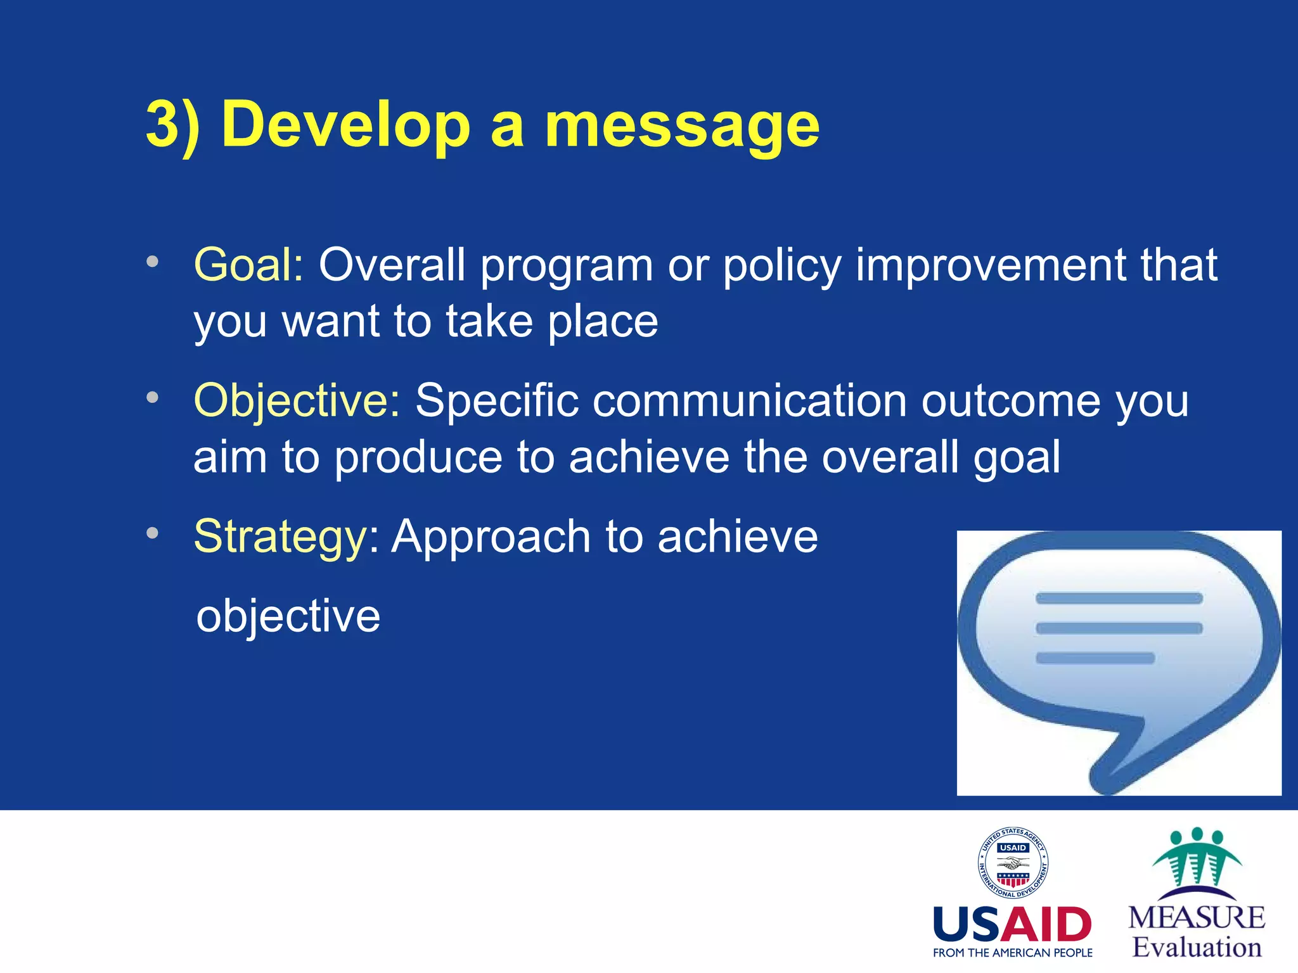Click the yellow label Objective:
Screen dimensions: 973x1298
point(297,401)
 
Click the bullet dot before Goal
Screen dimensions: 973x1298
point(152,262)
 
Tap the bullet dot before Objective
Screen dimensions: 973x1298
point(152,398)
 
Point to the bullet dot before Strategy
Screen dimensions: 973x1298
point(152,533)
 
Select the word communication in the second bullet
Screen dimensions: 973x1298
point(749,401)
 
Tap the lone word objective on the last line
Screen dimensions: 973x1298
point(288,616)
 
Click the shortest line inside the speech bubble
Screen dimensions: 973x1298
point(1095,658)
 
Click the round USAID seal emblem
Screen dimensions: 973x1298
point(1013,863)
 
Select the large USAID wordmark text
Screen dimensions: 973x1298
point(1012,924)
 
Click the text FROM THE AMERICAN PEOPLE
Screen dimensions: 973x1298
point(1012,953)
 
